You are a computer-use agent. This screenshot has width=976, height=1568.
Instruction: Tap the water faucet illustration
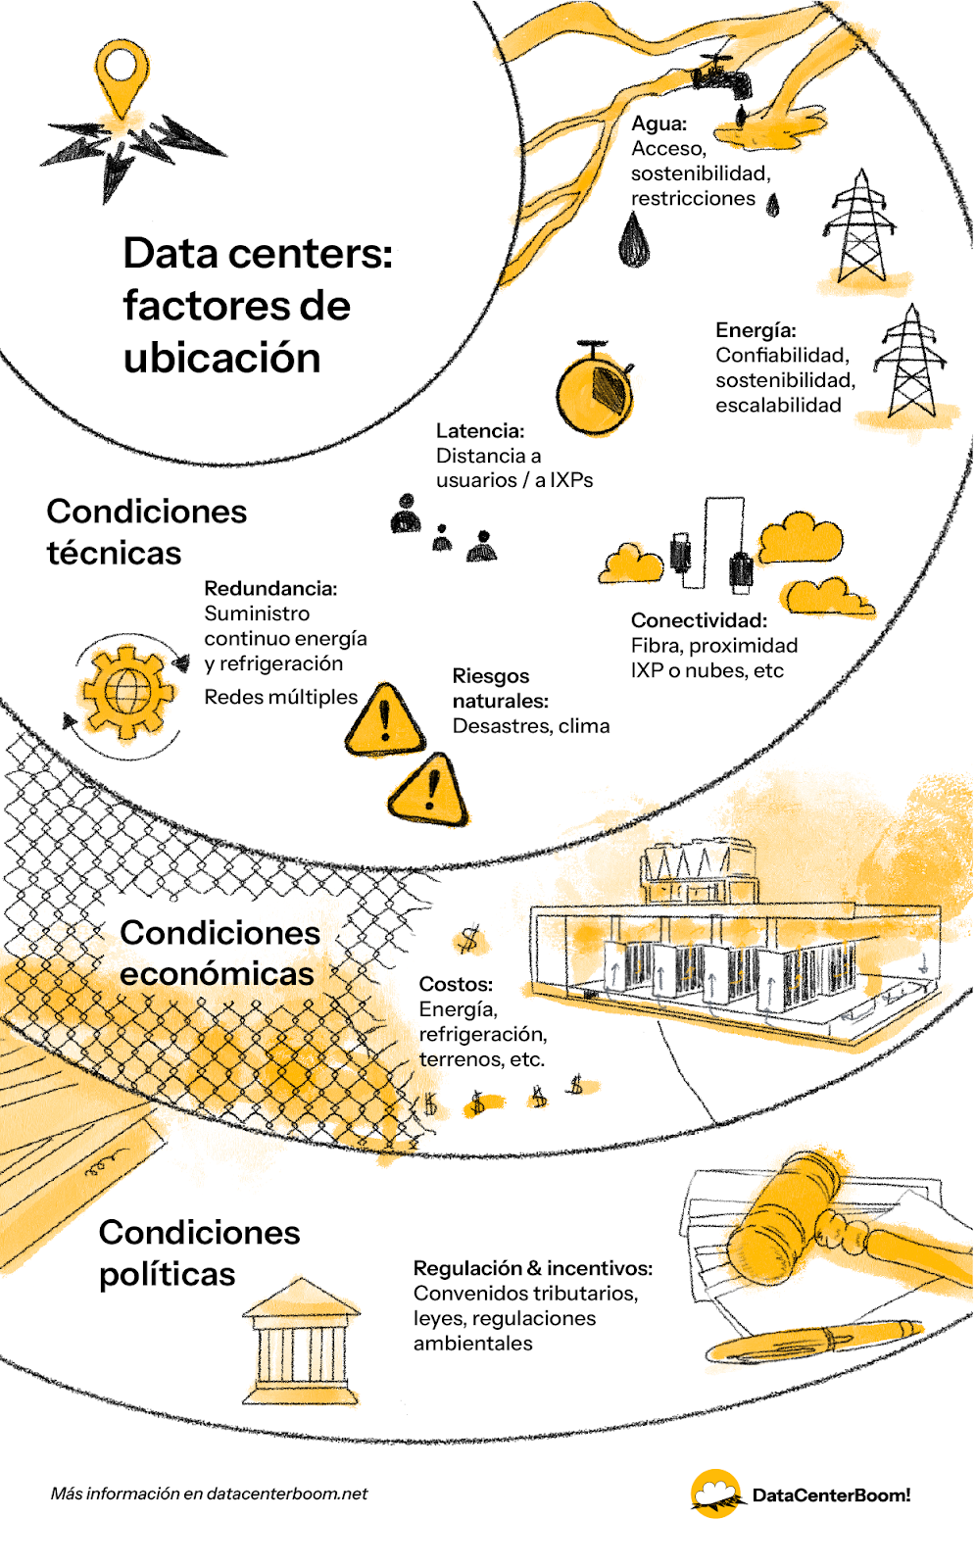pos(722,77)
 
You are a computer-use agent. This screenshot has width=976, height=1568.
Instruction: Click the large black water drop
pos(634,239)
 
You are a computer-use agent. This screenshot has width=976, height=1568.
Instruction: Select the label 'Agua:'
pos(659,123)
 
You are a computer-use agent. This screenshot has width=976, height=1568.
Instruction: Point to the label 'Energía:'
pos(756,330)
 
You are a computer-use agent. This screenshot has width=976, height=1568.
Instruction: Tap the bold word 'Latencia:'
pos(480,430)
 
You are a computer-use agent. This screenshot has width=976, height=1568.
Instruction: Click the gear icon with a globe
pos(128,692)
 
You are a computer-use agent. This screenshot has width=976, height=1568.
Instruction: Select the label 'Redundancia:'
pos(271,588)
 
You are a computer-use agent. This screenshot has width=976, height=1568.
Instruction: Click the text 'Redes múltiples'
pos(281,697)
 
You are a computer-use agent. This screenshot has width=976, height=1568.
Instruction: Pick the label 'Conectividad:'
pos(699,620)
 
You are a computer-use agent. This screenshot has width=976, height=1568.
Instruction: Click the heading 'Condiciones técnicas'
pos(146,532)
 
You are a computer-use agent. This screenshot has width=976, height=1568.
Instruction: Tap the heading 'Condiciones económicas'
pos(220,953)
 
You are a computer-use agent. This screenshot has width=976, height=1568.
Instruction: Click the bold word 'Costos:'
pos(456,984)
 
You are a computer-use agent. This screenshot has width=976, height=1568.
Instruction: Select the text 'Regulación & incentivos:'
pos(533,1268)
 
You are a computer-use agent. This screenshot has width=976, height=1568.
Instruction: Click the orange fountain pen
pos(814,1339)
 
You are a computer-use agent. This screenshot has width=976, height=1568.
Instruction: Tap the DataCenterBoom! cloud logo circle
pos(715,1494)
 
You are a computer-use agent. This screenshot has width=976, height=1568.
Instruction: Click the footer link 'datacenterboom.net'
pos(287,1494)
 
